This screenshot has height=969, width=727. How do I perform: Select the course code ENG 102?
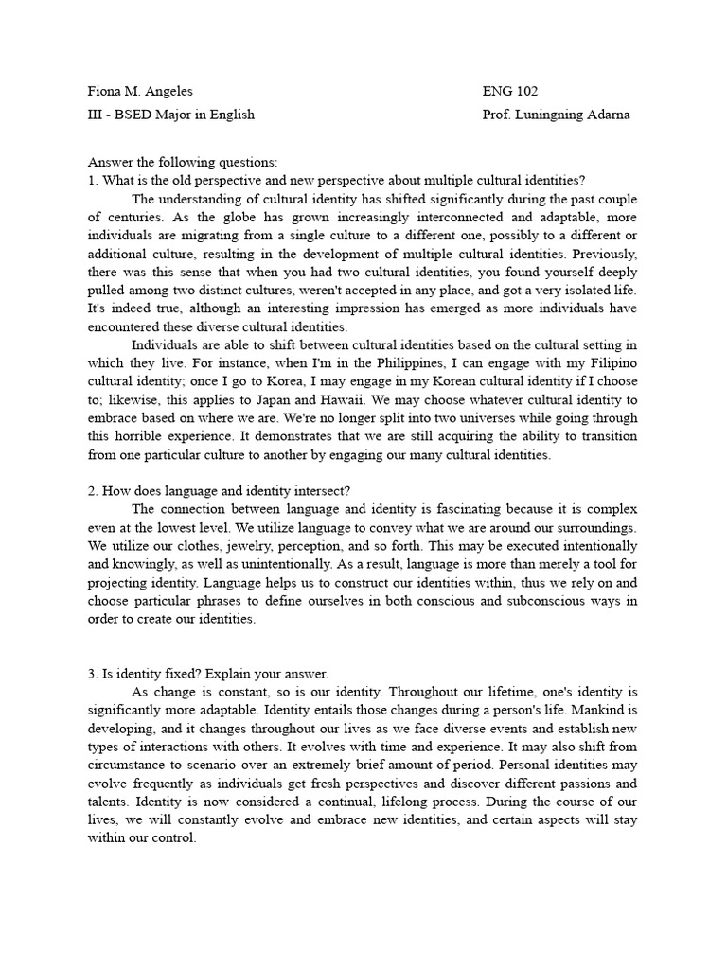[509, 92]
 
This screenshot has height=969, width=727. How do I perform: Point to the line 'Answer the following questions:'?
[183, 163]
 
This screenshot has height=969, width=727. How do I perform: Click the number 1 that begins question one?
[91, 181]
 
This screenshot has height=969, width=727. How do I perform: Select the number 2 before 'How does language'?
[91, 490]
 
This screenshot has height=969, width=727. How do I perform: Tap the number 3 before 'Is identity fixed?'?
[91, 674]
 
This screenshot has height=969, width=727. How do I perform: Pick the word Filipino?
[612, 363]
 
